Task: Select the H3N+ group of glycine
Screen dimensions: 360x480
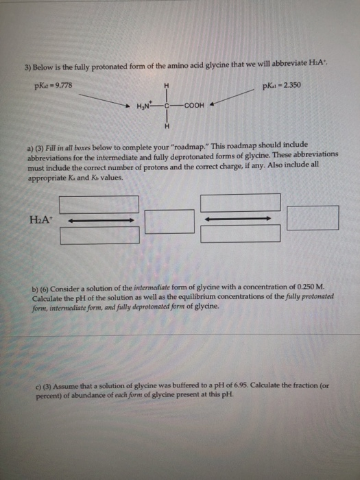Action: [148, 108]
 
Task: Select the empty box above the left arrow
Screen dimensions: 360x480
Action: [99, 204]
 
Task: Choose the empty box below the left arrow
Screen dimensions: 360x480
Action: [99, 236]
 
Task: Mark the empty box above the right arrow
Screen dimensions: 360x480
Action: [240, 202]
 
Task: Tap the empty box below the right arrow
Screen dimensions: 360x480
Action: [240, 234]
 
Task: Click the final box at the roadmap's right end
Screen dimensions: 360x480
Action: [313, 218]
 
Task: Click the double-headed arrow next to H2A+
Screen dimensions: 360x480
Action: [99, 220]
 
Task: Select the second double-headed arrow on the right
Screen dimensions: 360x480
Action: [240, 219]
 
